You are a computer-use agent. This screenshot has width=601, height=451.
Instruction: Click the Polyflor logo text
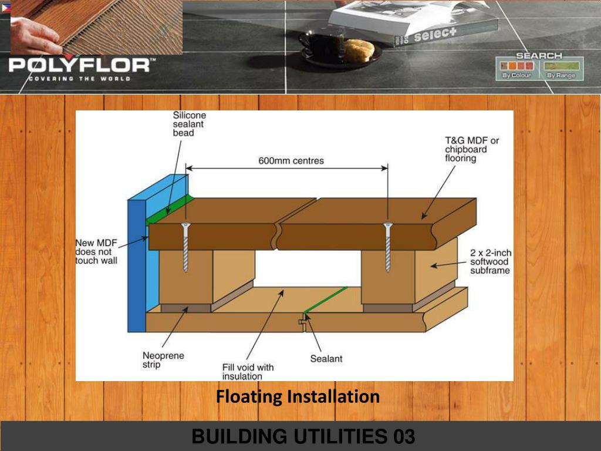pyautogui.click(x=79, y=65)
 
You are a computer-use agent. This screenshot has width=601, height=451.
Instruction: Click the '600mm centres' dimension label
pyautogui.click(x=291, y=160)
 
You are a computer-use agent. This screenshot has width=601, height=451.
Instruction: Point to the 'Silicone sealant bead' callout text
pyautogui.click(x=189, y=124)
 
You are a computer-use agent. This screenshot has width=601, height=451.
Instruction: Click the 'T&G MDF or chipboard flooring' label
pyautogui.click(x=471, y=149)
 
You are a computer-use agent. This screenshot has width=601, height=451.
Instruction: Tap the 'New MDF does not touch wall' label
pyautogui.click(x=96, y=251)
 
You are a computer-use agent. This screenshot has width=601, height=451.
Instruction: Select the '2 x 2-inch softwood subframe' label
pyautogui.click(x=491, y=261)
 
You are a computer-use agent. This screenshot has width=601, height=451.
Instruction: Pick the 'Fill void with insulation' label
pyautogui.click(x=248, y=372)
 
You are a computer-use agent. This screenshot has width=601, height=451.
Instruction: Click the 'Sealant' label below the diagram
pyautogui.click(x=326, y=358)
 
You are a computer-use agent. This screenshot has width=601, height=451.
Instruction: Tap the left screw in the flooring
pyautogui.click(x=185, y=247)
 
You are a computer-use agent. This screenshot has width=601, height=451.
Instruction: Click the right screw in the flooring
pyautogui.click(x=387, y=247)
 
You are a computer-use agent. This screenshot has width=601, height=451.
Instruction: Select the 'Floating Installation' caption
pyautogui.click(x=298, y=396)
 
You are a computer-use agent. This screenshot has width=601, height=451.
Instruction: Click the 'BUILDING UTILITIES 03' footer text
pyautogui.click(x=303, y=436)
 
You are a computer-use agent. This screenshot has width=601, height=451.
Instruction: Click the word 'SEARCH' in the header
pyautogui.click(x=539, y=55)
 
